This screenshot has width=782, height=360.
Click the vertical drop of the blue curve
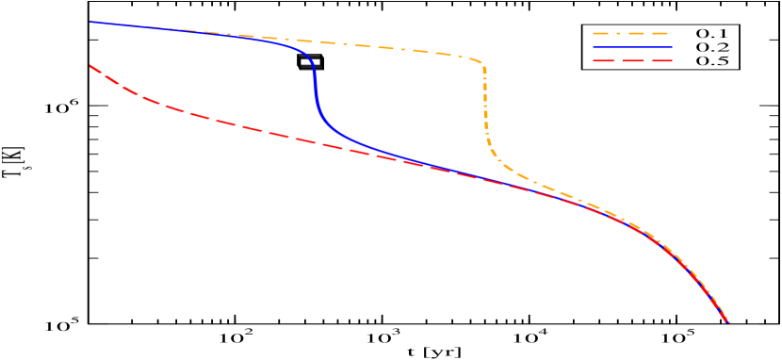coord(314,90)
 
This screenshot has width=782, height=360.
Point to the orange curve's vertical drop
coord(485,104)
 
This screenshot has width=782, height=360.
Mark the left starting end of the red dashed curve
coord(90,66)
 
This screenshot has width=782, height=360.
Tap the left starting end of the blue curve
coord(90,22)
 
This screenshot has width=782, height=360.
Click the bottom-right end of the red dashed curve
coord(727,323)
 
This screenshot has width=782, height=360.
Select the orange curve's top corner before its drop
coord(481,63)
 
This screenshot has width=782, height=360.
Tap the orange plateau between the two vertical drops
coord(396,48)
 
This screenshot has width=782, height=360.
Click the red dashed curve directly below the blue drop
coord(314,142)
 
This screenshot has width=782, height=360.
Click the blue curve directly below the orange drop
coord(485,177)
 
